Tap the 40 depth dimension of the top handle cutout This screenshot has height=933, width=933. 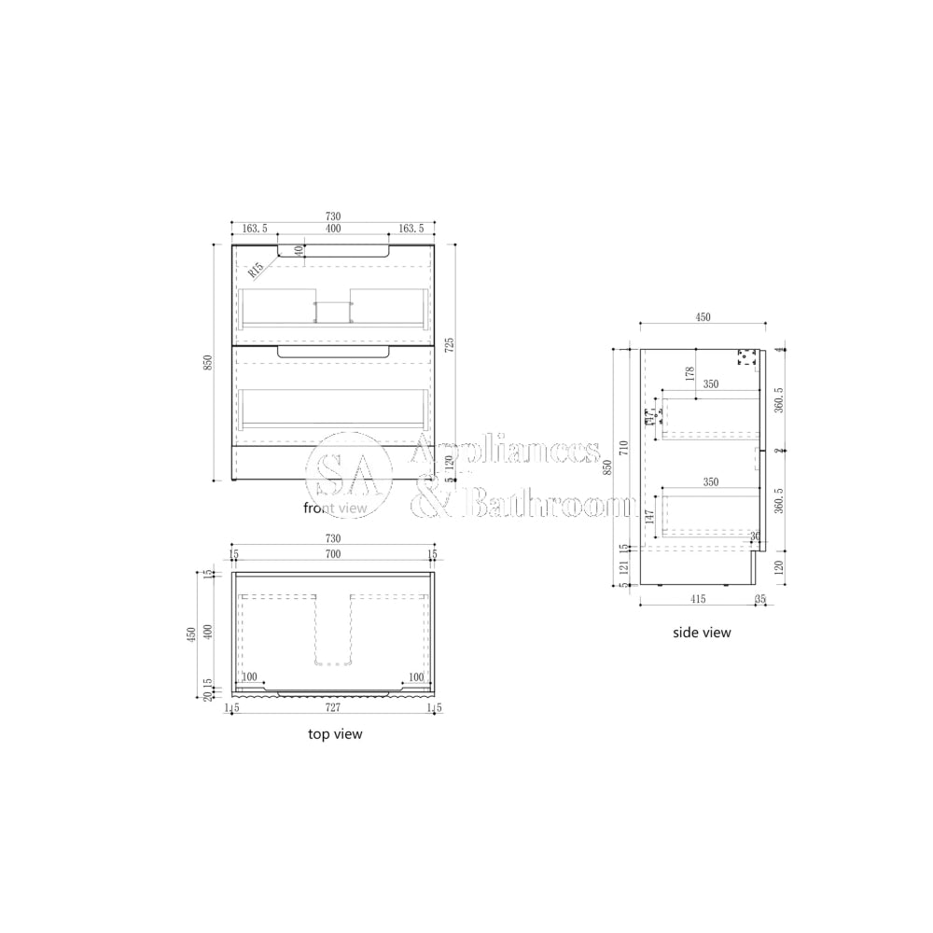[x=299, y=250]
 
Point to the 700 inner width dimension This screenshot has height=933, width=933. [x=332, y=553]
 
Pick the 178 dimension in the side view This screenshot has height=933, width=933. [x=690, y=373]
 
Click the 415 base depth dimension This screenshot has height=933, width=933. [x=696, y=599]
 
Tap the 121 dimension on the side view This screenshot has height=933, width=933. [x=623, y=566]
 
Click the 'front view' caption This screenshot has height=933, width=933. [x=336, y=508]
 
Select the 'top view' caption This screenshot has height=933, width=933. [x=335, y=734]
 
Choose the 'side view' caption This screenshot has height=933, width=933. [x=702, y=633]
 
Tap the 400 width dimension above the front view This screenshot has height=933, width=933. [x=332, y=229]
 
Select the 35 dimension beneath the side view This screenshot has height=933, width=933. [x=759, y=599]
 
